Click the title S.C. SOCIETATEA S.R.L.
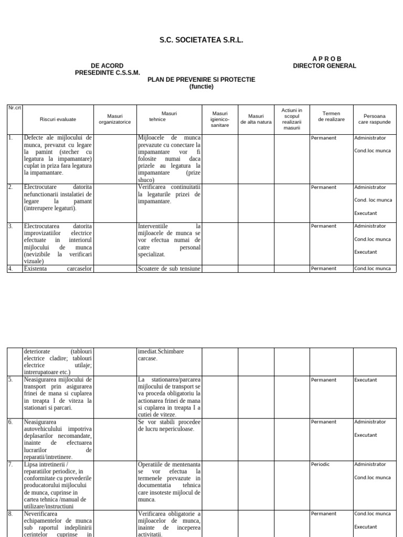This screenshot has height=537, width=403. pos(201,40)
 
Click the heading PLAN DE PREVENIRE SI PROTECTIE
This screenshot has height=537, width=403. pos(201,80)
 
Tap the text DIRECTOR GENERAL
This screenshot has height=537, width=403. pos(324,66)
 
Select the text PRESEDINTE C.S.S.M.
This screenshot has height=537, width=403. pos(108,73)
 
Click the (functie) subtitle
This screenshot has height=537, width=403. pos(201,87)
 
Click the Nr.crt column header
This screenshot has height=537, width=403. pos(14,108)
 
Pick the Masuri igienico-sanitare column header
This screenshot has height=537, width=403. pos(220,119)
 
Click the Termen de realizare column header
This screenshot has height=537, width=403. pos(331,116)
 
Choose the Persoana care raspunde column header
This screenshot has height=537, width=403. pos(374,119)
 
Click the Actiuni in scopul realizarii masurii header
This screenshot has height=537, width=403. pos(292,119)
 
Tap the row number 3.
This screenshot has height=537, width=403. pos(10,227)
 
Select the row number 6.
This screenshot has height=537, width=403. pos(10,422)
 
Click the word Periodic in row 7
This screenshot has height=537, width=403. pos(321,464)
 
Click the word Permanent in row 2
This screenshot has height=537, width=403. pos(324,187)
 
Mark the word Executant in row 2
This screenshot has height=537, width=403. pos(365,213)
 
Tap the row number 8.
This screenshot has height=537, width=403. pos(10,514)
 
